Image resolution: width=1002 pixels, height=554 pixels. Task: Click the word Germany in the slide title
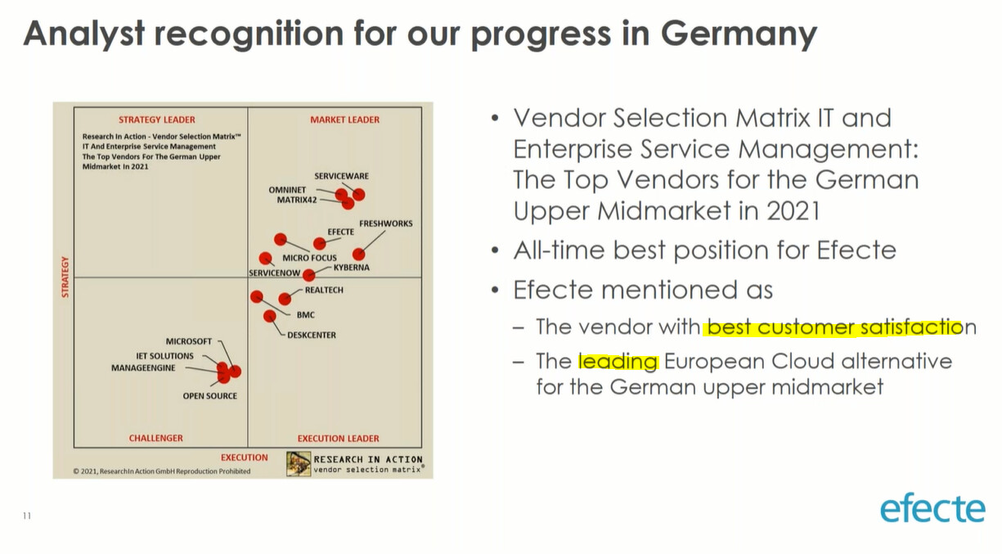coord(739,35)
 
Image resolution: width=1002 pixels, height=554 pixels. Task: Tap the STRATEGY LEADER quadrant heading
coord(156,120)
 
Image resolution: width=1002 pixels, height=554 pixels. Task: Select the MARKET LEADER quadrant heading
coord(344,120)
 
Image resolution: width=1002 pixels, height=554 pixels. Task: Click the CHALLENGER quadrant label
coord(155,438)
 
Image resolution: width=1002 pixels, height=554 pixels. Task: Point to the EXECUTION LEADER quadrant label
coord(338,439)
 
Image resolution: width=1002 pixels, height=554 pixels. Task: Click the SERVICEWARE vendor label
coord(341,176)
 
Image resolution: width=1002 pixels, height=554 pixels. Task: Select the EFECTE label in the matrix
coord(340,232)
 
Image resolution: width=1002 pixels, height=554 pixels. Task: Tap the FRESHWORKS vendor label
coord(385,223)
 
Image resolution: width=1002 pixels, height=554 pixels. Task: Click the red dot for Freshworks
coord(358,254)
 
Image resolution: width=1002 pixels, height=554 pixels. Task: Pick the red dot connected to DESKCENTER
coord(269,317)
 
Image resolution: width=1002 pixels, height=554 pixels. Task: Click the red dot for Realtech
coord(285,299)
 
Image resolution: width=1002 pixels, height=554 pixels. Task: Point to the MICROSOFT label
coord(189,341)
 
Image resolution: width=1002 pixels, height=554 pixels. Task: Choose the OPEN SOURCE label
coord(209,396)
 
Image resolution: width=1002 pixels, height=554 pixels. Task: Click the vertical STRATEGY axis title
coord(65,277)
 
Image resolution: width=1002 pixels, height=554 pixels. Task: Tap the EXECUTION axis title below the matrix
coord(245,457)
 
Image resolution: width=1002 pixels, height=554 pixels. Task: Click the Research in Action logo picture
coord(299,464)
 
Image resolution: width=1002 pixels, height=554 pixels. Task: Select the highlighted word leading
coord(618,362)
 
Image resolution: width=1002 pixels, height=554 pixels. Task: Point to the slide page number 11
coord(27,516)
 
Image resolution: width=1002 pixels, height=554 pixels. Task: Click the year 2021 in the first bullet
coord(793,210)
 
